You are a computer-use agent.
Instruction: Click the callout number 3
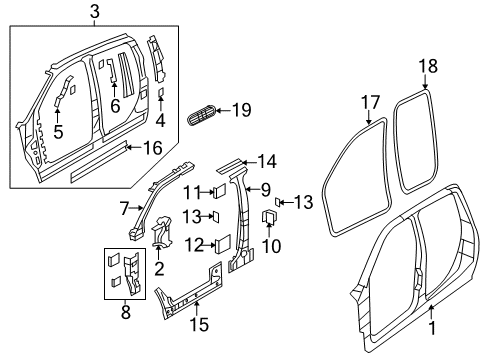point(94,11)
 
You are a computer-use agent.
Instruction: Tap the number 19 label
point(243,111)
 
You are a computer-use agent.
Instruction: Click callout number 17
point(372,101)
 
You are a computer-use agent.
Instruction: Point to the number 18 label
point(428,67)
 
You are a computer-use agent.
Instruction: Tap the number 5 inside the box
point(58,130)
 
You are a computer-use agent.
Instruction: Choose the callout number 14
point(266,160)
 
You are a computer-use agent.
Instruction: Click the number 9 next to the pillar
point(266,187)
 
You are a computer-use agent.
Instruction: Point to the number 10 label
point(269,245)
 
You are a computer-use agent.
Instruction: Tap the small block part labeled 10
point(268,218)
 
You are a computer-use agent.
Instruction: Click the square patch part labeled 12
point(222,241)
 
